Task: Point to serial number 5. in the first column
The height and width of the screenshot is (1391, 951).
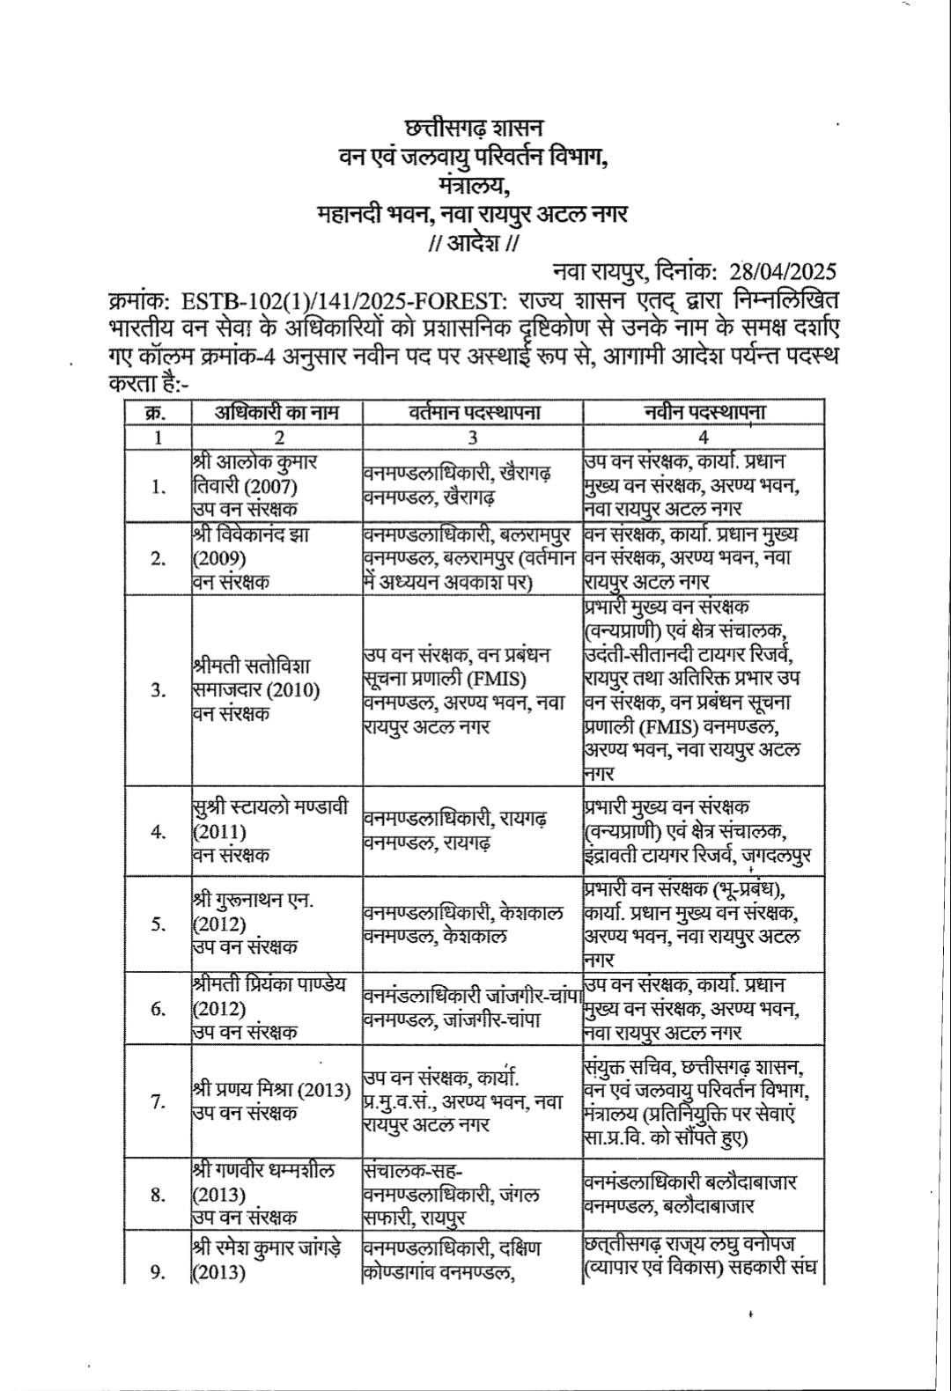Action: [x=158, y=924]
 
